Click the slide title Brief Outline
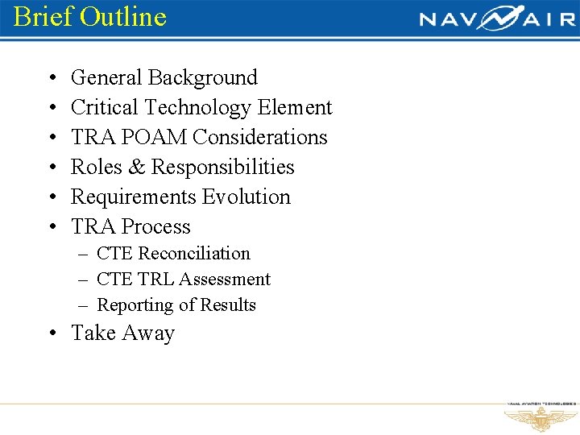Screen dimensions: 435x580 89,16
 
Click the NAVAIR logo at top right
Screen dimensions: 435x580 497,18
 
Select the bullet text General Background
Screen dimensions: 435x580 164,78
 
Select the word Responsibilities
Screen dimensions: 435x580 223,168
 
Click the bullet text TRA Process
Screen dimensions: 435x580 130,227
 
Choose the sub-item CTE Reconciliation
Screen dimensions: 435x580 173,254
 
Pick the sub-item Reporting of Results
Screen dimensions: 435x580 176,305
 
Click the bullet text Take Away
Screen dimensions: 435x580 122,333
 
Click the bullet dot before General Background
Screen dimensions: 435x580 52,79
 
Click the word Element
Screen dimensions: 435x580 295,108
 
